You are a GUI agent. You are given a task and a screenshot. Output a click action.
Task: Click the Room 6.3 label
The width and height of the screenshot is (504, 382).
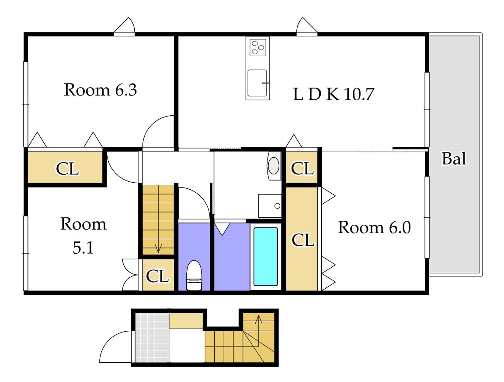click(x=100, y=90)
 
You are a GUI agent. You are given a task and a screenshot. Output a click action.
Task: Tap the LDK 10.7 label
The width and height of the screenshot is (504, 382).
click(x=334, y=94)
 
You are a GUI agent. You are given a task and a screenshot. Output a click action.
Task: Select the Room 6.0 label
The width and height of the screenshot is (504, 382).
click(x=374, y=228)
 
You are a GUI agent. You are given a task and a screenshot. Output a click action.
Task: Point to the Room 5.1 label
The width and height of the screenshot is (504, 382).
click(x=83, y=236)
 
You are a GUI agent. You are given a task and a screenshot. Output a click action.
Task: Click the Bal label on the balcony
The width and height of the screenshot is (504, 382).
click(x=454, y=159)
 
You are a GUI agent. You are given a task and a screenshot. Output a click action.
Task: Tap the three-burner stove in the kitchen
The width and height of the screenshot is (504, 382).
click(x=258, y=47)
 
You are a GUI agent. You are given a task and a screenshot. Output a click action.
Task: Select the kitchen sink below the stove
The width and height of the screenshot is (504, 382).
click(x=257, y=83)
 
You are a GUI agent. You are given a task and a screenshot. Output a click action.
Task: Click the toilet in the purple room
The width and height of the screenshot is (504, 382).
click(x=194, y=275)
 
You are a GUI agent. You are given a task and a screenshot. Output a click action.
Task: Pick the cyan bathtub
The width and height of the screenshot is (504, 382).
click(x=266, y=257)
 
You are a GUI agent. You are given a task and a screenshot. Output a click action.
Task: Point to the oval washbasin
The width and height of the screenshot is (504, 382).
click(x=274, y=165)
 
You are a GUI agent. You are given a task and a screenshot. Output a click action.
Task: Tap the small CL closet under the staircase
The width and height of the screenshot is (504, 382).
click(x=158, y=275)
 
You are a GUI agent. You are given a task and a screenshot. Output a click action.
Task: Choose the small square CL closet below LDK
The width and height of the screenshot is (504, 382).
click(x=302, y=167)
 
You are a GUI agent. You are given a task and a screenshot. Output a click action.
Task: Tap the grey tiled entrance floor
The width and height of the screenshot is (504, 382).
click(x=152, y=338)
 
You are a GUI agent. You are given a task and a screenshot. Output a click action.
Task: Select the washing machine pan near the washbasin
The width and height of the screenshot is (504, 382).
click(x=270, y=206)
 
